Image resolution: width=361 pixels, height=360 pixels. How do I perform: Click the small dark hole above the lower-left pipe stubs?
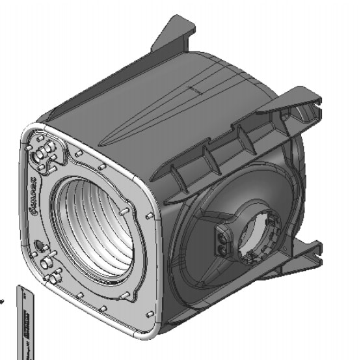tap(38, 245)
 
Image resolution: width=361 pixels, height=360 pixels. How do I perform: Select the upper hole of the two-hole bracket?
tap(222, 235)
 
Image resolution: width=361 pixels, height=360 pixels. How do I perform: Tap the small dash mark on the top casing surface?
tap(190, 87)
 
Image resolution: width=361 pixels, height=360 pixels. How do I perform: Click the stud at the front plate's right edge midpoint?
tap(150, 214)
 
